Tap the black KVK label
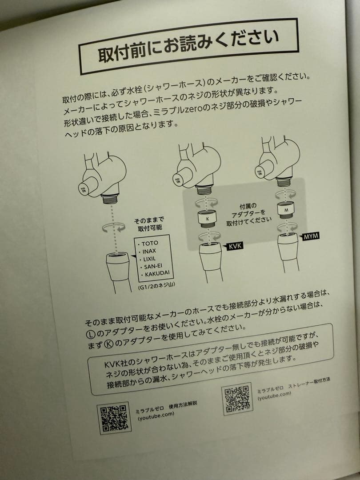point(235,246)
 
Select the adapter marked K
point(208,218)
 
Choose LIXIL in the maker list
point(150,259)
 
